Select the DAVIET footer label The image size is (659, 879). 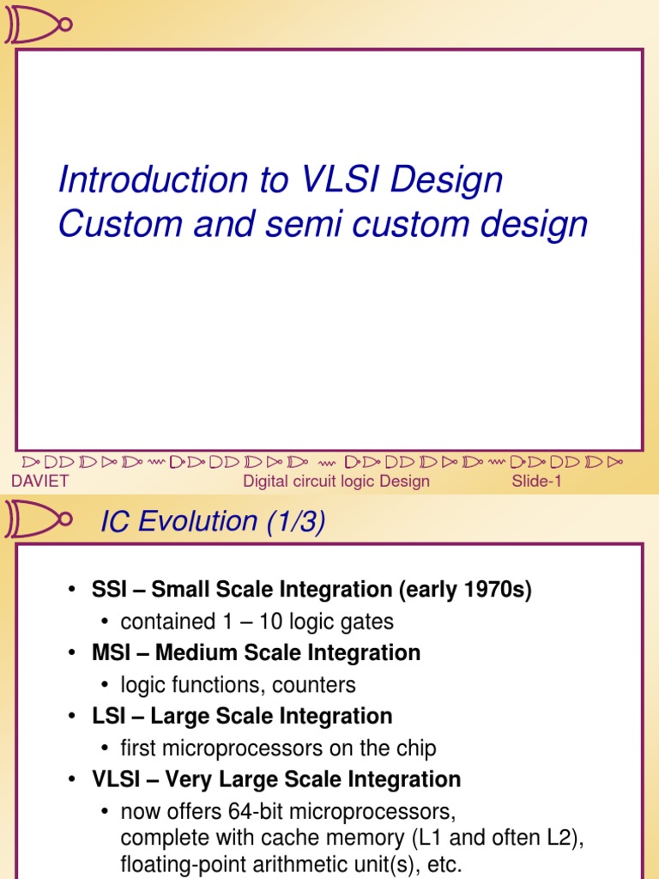click(39, 481)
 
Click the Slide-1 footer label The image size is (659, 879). click(536, 481)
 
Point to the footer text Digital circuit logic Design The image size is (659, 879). click(336, 481)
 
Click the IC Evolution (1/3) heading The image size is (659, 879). click(213, 521)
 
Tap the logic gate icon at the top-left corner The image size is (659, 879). click(38, 23)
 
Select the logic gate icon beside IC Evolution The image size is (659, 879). click(38, 519)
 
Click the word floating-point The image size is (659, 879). click(175, 864)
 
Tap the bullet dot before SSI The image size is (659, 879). click(73, 591)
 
